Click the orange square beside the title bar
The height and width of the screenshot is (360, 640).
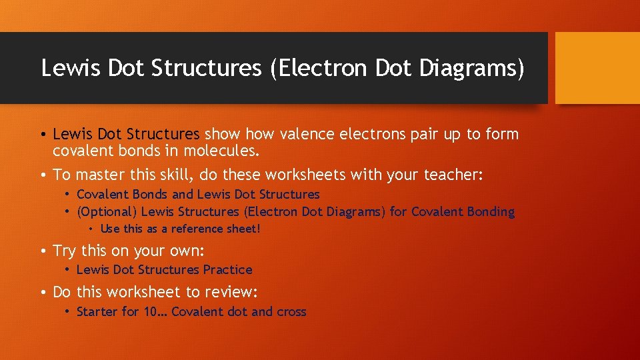tap(597, 67)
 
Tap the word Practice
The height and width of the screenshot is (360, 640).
tap(227, 270)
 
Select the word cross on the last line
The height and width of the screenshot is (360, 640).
tap(291, 311)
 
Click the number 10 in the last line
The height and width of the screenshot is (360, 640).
tap(150, 311)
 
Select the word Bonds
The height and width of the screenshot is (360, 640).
tap(150, 195)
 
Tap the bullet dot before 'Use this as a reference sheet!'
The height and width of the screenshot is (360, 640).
tap(91, 229)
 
